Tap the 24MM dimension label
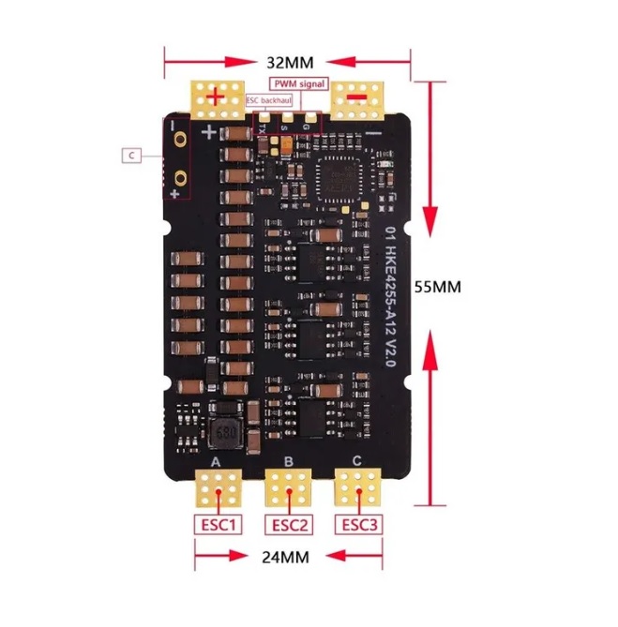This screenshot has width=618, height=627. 285,557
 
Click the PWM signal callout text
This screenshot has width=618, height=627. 299,84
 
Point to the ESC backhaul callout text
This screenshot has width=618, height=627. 268,98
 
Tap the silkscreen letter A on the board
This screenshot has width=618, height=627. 217,463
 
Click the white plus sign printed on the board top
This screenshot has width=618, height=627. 209,132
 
